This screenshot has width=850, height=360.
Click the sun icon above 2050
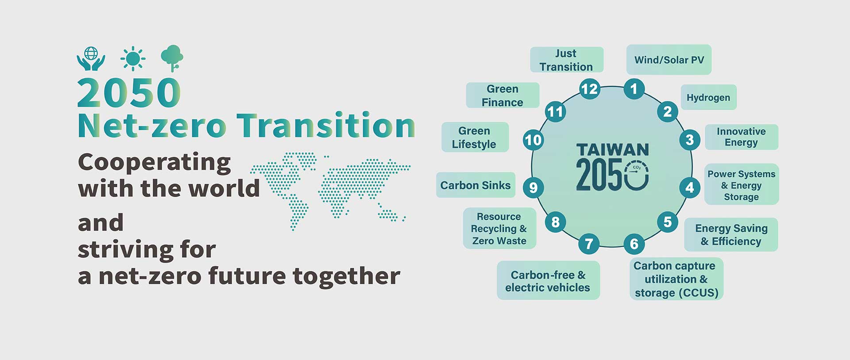click(133, 58)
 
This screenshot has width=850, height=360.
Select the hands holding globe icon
click(91, 58)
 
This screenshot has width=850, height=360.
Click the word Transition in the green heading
click(326, 126)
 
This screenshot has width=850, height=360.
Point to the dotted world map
click(331, 190)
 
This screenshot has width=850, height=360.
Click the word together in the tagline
click(346, 276)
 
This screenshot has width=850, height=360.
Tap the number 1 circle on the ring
click(634, 89)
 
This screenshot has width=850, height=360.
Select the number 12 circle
click(590, 89)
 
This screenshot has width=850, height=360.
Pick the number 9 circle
click(533, 187)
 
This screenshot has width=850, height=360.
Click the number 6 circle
click(634, 244)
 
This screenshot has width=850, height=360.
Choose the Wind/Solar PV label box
click(669, 59)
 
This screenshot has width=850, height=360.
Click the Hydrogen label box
click(708, 97)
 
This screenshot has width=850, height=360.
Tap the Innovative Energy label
click(741, 137)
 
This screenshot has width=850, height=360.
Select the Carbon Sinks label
click(475, 185)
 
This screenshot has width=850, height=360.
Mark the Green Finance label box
click(502, 95)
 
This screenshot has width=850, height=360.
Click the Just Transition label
click(567, 60)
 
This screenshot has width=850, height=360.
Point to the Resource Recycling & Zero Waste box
click(499, 228)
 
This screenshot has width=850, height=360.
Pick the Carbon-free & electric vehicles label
click(548, 281)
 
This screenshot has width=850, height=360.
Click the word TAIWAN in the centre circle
click(613, 150)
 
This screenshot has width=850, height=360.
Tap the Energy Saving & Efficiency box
click(731, 235)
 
